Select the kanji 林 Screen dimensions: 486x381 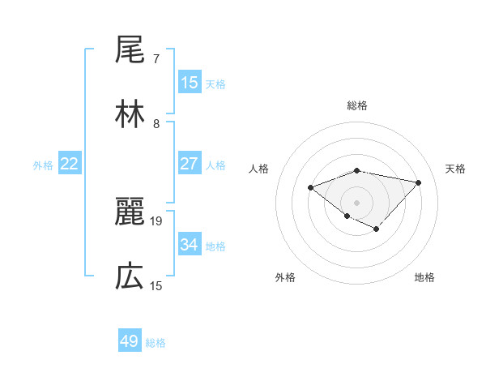pyautogui.click(x=130, y=116)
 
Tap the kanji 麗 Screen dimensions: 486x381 pyautogui.click(x=130, y=213)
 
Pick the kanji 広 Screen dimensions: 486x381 pyautogui.click(x=130, y=277)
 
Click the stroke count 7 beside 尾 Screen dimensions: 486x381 pyautogui.click(x=156, y=59)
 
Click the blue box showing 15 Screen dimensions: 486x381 pyautogui.click(x=190, y=82)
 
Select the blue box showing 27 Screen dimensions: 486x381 pyautogui.click(x=190, y=164)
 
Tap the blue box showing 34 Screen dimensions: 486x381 pyautogui.click(x=190, y=245)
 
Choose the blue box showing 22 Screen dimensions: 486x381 pyautogui.click(x=70, y=164)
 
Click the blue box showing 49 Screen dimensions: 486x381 pyautogui.click(x=130, y=341)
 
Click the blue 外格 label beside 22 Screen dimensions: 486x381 pyautogui.click(x=43, y=165)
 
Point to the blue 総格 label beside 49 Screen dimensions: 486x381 pyautogui.click(x=156, y=343)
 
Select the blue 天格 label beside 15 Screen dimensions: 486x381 pyautogui.click(x=215, y=83)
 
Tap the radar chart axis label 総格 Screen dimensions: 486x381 pyautogui.click(x=357, y=105)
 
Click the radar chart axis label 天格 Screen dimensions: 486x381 pyautogui.click(x=455, y=169)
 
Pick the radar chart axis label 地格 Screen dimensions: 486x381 pyautogui.click(x=424, y=277)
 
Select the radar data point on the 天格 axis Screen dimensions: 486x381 pyautogui.click(x=419, y=182)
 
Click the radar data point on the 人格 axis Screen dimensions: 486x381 pyautogui.click(x=310, y=188)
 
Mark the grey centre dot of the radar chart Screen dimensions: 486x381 pyautogui.click(x=357, y=202)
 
